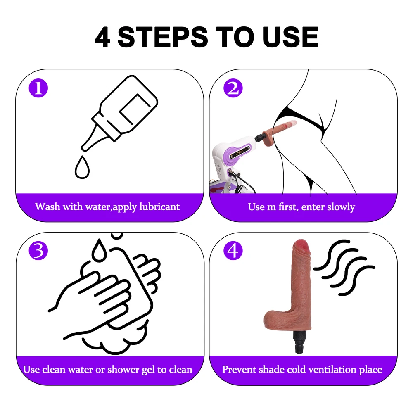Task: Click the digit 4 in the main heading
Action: (x=102, y=37)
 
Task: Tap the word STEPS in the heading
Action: (x=163, y=37)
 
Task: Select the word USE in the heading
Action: (x=290, y=37)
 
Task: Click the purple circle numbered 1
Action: (x=38, y=88)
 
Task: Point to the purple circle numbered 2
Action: (x=233, y=88)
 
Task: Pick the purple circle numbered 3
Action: (x=38, y=251)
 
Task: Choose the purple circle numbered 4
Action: (x=233, y=251)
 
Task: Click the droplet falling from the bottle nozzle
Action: (x=82, y=168)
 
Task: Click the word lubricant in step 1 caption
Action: (x=159, y=207)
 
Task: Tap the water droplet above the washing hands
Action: (x=99, y=250)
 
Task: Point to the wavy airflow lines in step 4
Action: (x=344, y=267)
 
